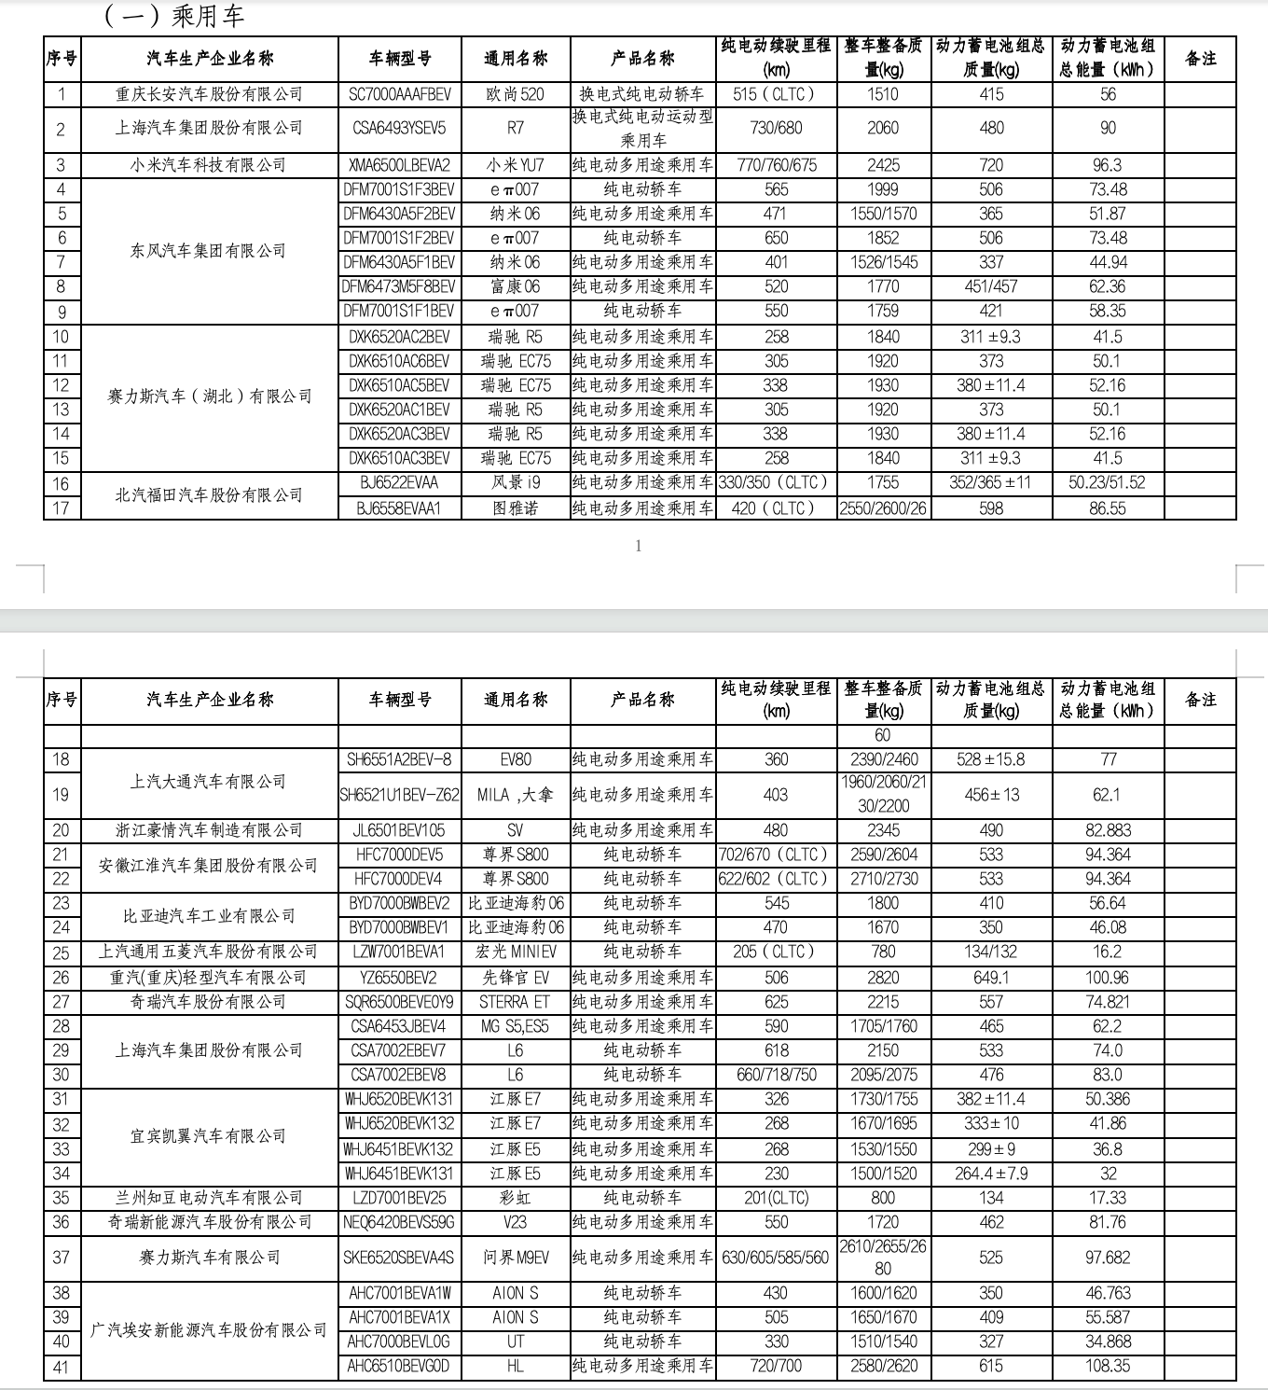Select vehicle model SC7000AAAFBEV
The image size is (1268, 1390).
400,94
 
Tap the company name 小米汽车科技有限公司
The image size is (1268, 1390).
209,165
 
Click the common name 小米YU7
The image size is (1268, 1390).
516,165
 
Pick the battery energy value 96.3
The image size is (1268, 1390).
1107,165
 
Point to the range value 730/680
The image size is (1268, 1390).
776,128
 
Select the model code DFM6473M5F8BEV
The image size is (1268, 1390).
400,286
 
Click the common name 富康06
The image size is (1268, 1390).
516,286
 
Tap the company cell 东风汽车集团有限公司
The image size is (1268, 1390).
209,250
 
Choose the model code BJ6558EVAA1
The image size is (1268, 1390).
400,507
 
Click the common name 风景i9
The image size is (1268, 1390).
516,482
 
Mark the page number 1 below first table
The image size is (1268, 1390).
638,547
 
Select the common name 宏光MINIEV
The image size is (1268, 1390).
516,952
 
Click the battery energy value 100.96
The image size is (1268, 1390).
1107,977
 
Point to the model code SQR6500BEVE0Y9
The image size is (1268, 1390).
400,1001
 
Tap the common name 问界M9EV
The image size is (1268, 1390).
516,1257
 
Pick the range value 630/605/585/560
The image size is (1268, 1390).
776,1257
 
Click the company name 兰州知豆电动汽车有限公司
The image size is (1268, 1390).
209,1197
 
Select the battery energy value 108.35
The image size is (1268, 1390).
1107,1365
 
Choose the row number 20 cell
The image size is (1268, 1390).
62,829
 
